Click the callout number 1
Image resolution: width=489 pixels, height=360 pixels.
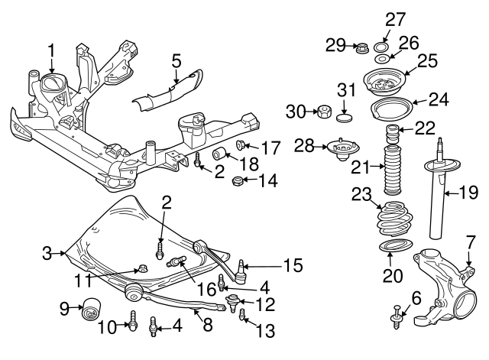click(51, 51)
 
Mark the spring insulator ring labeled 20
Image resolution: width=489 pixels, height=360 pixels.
click(393, 250)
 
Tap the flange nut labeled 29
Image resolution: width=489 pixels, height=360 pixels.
click(362, 48)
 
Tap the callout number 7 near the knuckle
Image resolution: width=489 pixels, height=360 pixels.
click(471, 242)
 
